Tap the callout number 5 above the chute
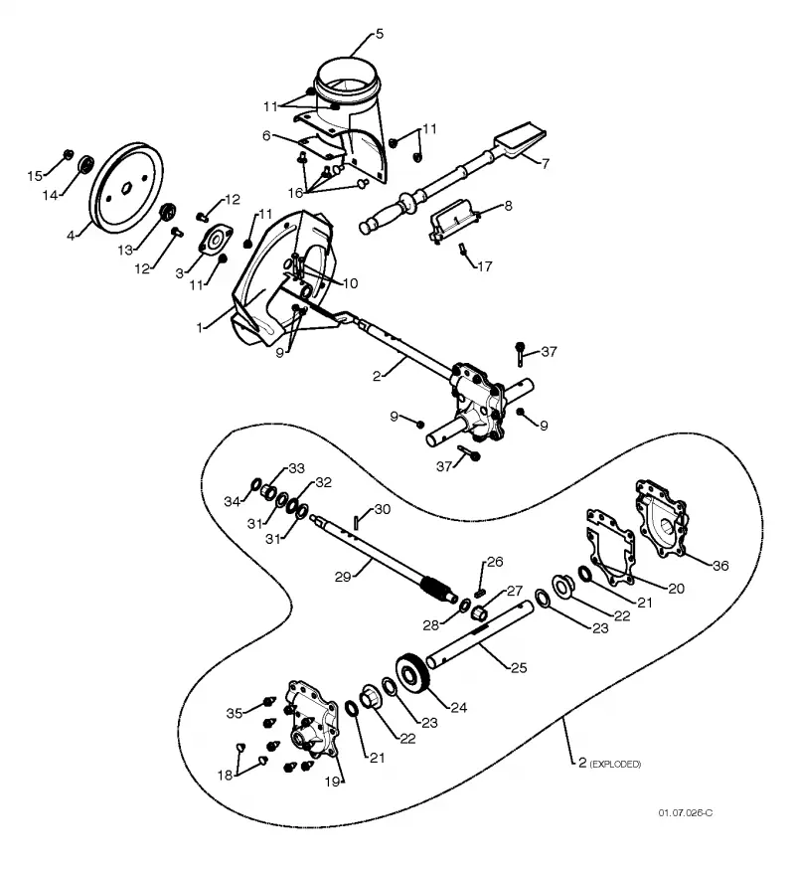click(380, 34)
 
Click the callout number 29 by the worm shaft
click(343, 577)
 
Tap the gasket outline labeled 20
click(610, 548)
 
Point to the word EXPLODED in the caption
click(615, 765)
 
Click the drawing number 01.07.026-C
click(686, 813)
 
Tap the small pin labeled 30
click(357, 523)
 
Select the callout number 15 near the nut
click(35, 176)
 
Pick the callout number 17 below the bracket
click(485, 266)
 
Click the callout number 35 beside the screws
click(235, 713)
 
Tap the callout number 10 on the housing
click(351, 283)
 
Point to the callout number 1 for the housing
click(200, 327)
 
